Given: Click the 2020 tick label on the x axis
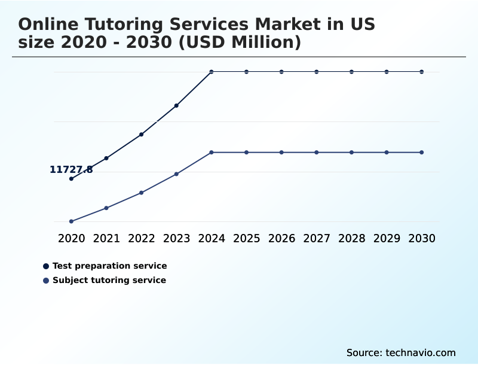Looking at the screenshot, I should pos(72,238).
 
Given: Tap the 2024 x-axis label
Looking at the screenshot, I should pos(212,238).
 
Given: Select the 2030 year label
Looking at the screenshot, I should pos(422,238).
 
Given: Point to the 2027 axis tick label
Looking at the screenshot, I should pos(317,238).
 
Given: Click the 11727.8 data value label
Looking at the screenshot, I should pos(71,170).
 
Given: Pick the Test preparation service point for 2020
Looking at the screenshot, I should pos(71,178).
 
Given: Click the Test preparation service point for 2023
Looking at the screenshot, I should pos(176,105).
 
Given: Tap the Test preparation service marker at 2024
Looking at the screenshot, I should pos(212,72).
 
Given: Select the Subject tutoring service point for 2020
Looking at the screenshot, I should pos(71,221).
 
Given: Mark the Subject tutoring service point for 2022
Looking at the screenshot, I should pos(142,193).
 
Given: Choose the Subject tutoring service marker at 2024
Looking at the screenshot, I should pos(212,153).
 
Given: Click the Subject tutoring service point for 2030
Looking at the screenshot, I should pos(422,153).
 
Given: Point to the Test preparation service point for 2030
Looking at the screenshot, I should pos(422,72).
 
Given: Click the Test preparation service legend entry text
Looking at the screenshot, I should pos(110,266).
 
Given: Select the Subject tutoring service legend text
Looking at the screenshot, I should pos(109,280).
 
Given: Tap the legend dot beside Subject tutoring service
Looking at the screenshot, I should pos(46,281).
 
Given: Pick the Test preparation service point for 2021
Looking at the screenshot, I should pos(106,158).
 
